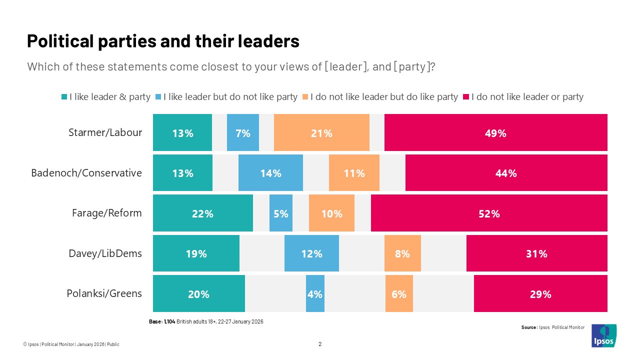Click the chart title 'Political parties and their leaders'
tap(163, 41)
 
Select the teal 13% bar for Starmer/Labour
tap(182, 132)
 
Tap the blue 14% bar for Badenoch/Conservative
tap(270, 173)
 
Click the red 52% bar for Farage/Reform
tap(489, 213)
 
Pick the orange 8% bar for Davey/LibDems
tap(402, 253)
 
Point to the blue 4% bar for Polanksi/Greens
tap(315, 294)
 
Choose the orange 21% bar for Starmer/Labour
tap(321, 132)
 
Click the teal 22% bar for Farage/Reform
tap(202, 213)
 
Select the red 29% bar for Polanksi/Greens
tap(540, 294)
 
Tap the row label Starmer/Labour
tap(105, 132)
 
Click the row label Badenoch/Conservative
tap(86, 173)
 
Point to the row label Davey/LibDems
tap(105, 253)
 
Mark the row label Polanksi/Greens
tap(104, 293)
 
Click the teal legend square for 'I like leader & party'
tap(64, 97)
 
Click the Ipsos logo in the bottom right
tap(604, 335)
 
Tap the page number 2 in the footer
tap(320, 344)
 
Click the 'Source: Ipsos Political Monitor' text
tap(552, 327)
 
